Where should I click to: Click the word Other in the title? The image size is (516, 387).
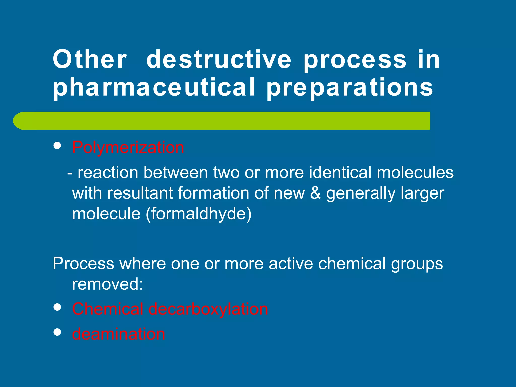pos(90,59)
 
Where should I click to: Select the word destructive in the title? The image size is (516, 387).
pos(218,59)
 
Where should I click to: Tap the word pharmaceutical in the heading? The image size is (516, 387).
pos(154,87)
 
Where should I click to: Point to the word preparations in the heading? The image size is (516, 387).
pos(350,87)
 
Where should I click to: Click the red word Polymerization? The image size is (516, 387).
pos(128,147)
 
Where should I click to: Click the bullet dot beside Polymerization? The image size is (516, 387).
pos(58,146)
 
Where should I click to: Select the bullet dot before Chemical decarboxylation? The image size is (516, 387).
pos(58,307)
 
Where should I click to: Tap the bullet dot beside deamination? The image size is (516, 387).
pos(58,332)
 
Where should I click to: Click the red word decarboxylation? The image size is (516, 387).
pos(208,309)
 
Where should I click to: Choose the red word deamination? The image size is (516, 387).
pos(118,334)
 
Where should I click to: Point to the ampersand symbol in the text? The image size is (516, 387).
pos(315,193)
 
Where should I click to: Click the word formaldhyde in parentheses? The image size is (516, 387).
pos(199,214)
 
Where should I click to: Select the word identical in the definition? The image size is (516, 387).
pos(340,173)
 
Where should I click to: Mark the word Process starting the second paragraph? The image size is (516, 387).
pos(83,264)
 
